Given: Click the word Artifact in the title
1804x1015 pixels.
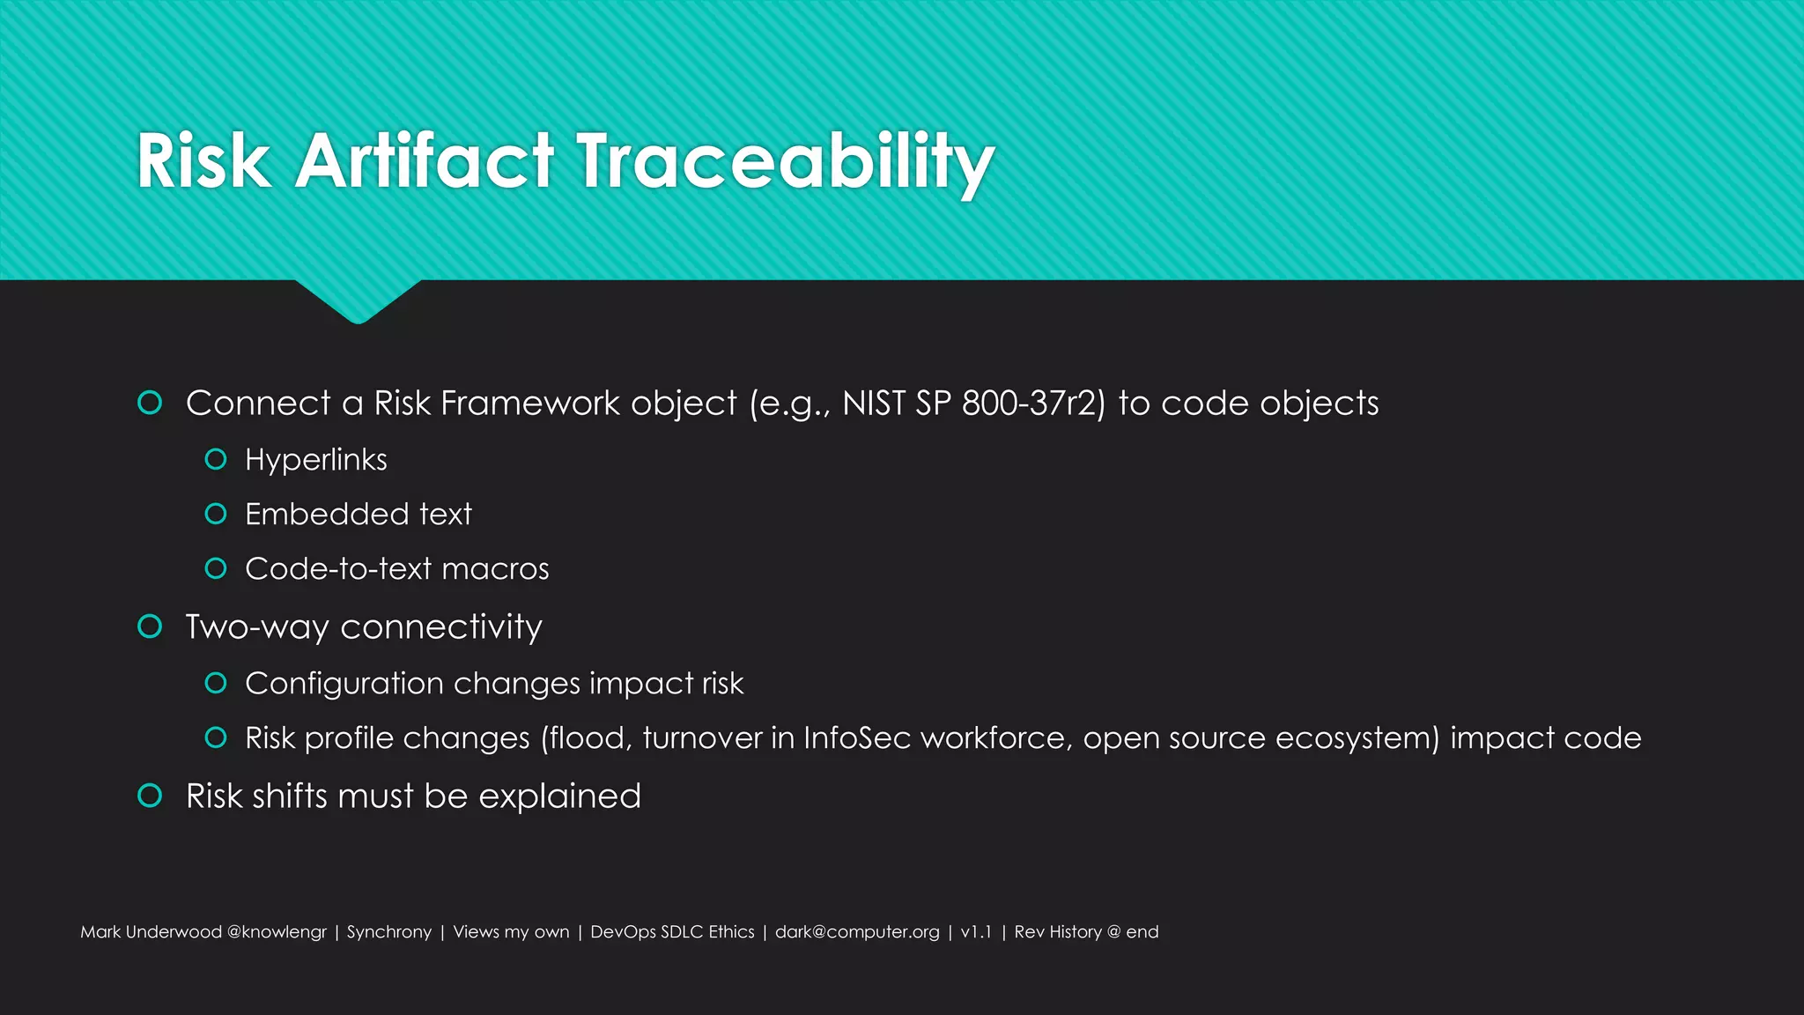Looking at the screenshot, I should pos(425,162).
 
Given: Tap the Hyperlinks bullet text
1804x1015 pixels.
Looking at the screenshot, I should pos(315,460).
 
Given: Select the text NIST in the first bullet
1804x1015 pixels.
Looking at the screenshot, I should pos(873,404).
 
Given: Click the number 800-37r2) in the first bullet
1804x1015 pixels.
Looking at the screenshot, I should pos(1032,404).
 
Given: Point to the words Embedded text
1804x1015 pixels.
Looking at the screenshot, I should pos(358,515).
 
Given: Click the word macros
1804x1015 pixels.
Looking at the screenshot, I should pos(495,569).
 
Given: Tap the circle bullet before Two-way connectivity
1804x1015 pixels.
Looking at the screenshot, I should pos(150,626).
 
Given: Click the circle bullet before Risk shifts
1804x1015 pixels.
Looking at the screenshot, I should pos(150,796).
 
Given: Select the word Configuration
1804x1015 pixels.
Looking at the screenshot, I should pos(344,684).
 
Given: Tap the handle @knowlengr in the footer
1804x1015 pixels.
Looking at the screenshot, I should pos(277,932).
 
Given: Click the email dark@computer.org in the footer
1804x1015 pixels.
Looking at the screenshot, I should pos(856,932).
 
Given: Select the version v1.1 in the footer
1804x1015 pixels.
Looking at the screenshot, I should pos(976,932).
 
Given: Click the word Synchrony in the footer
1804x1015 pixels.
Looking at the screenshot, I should pos(388,932).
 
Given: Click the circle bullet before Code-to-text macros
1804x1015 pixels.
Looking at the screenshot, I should pos(216,568).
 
